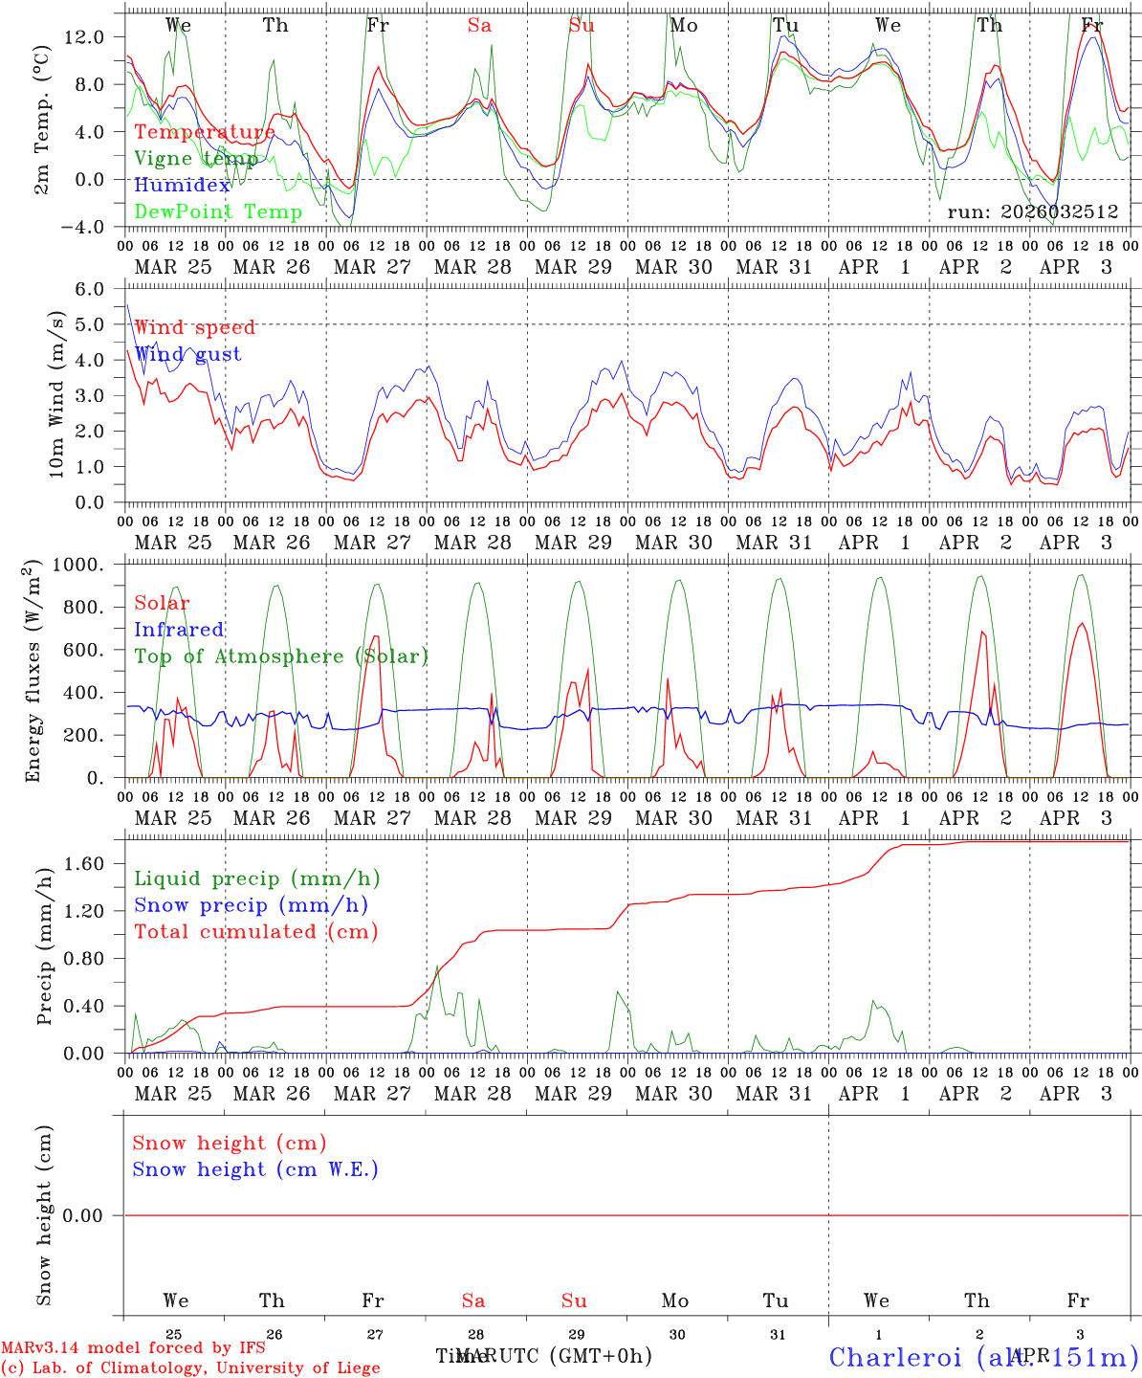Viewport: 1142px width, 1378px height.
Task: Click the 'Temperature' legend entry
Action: coord(204,132)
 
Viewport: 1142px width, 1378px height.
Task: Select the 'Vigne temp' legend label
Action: coord(195,158)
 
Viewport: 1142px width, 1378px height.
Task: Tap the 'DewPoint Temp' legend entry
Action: coord(218,211)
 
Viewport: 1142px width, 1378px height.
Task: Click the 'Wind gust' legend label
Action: coord(187,354)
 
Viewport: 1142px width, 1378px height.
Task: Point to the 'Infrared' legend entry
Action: coord(179,630)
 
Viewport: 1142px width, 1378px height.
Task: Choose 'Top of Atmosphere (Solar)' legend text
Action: coord(280,656)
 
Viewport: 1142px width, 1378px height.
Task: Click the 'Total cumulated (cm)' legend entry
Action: coord(255,931)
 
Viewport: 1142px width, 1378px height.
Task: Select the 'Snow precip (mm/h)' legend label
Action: coord(251,905)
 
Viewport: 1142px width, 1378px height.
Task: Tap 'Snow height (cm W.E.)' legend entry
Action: coord(255,1169)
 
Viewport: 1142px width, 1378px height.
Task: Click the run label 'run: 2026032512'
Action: coord(1032,212)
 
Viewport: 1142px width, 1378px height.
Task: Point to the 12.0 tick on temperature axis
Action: coord(84,36)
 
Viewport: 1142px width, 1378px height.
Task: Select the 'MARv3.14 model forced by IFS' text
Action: coord(132,1348)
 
